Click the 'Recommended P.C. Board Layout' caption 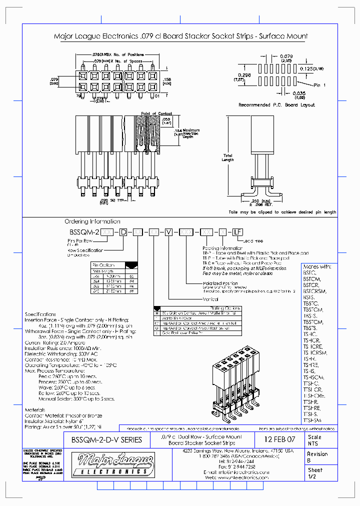pyautogui.click(x=276, y=105)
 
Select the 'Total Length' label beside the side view pyautogui.click(x=227, y=157)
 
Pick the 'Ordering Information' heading pyautogui.click(x=92, y=221)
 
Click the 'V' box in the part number pyautogui.click(x=169, y=232)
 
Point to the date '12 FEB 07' pyautogui.click(x=279, y=439)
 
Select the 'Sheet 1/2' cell pyautogui.click(x=315, y=473)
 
